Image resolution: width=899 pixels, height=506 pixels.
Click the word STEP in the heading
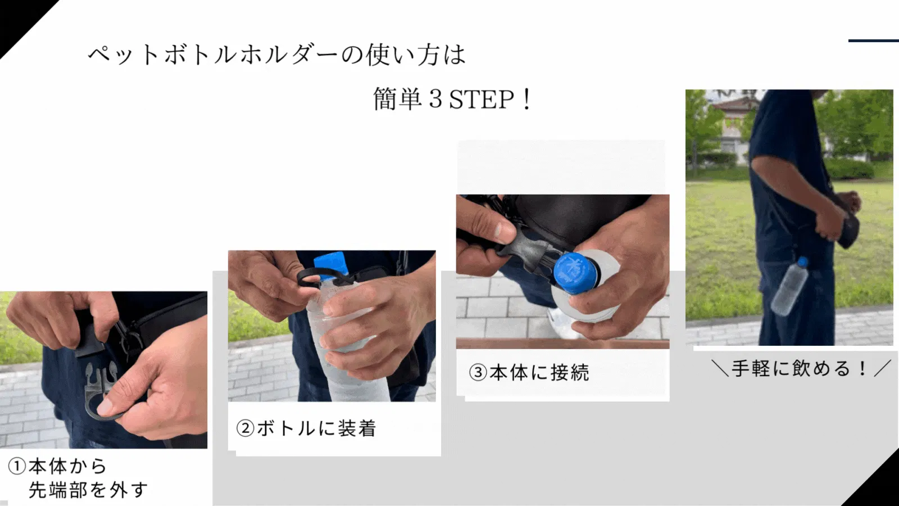(x=481, y=100)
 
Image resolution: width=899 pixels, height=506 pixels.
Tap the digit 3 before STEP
(x=435, y=99)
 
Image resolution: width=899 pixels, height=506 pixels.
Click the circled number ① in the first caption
(x=17, y=467)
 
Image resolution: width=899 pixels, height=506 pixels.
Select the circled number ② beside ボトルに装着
(x=245, y=428)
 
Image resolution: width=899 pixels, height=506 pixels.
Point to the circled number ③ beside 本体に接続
(x=478, y=372)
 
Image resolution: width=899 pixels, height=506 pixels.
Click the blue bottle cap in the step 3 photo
(x=574, y=272)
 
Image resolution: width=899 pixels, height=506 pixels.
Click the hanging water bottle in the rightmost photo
(x=789, y=287)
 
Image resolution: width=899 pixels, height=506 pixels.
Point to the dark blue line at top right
(x=873, y=40)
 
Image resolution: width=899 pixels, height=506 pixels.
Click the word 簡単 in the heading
(x=397, y=99)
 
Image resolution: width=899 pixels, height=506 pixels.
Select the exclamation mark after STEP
(x=527, y=100)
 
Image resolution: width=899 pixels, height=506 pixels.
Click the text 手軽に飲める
(x=791, y=368)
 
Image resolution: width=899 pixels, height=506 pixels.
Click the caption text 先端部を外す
(x=88, y=490)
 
